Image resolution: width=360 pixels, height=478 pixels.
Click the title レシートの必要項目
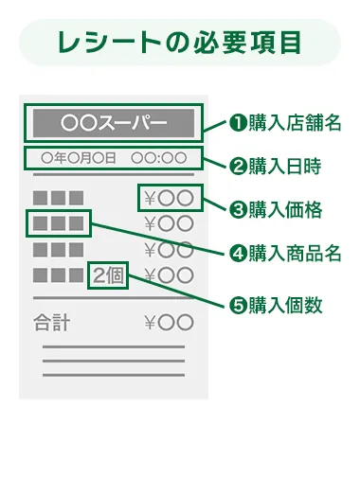click(x=179, y=43)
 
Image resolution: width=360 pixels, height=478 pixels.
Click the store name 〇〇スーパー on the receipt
click(x=113, y=123)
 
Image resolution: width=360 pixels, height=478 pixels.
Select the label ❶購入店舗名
click(x=285, y=123)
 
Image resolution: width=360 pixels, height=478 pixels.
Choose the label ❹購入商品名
click(x=285, y=253)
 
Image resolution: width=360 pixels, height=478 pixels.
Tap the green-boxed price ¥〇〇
click(x=170, y=199)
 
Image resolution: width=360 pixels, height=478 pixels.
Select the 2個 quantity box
click(x=108, y=276)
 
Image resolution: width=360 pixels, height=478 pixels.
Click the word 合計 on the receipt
click(x=51, y=322)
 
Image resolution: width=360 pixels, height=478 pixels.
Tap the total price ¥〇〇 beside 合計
click(x=170, y=322)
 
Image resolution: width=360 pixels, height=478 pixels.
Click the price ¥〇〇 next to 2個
click(x=170, y=276)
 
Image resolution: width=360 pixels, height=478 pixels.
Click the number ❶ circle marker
click(x=239, y=123)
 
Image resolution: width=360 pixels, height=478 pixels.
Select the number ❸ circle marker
click(x=239, y=209)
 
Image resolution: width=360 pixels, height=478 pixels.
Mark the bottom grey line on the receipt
click(x=113, y=374)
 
